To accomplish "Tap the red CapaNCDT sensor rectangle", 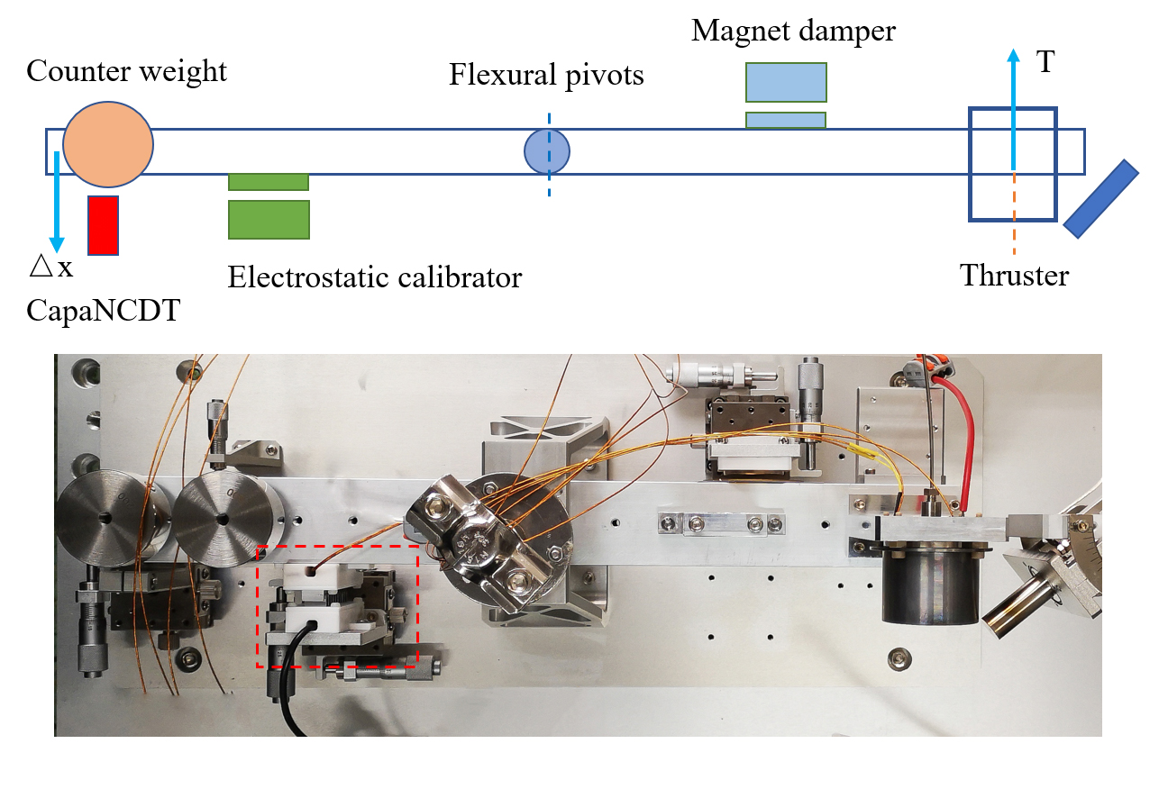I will coord(103,224).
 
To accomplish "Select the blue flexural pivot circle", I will coord(547,150).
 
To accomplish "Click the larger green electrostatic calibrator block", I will coord(269,219).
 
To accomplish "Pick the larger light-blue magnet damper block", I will coord(785,82).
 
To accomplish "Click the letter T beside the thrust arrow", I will coord(1045,62).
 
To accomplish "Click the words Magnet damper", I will coord(793,31).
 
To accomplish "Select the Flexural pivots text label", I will coord(546,74).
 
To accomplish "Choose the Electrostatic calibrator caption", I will coord(374,277).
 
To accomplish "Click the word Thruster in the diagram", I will coord(1014,275).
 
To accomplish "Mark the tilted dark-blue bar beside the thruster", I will coord(1100,198).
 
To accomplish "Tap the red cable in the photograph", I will coord(960,432).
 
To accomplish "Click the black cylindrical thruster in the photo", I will coord(929,585).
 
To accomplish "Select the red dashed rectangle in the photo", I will coord(338,546).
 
